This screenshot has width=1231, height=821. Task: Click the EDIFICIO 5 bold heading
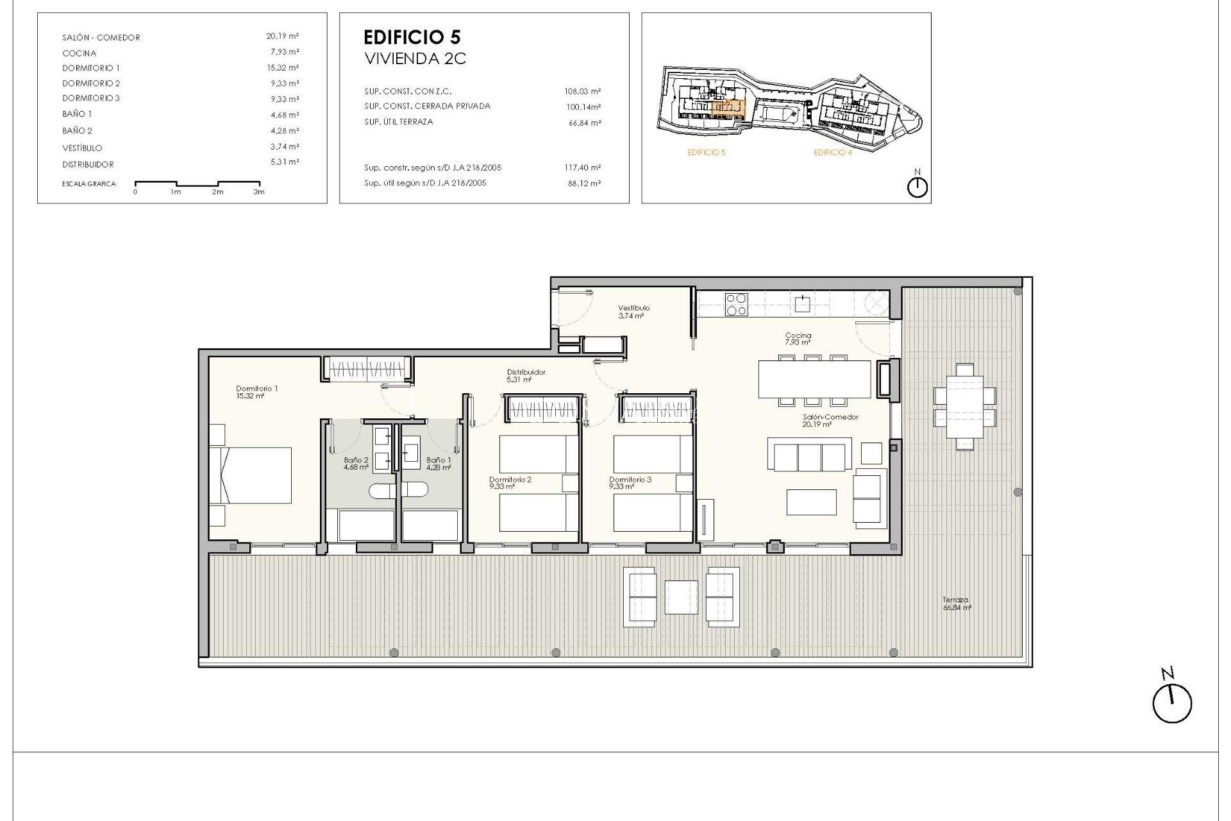click(412, 37)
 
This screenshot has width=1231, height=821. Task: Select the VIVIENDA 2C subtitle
click(415, 59)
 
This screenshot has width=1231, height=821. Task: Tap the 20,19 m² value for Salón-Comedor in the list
click(282, 37)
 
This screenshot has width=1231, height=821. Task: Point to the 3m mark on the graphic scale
click(258, 191)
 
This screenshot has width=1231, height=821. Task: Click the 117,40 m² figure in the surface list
click(582, 168)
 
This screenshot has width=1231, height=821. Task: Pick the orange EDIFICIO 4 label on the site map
click(832, 153)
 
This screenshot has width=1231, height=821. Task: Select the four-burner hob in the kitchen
click(736, 305)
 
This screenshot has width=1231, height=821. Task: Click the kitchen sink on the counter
click(802, 304)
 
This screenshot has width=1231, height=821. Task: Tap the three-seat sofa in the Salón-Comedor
click(810, 455)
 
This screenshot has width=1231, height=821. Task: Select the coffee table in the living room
click(811, 502)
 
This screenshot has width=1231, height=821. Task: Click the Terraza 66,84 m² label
click(956, 604)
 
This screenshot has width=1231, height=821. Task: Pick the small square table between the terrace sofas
click(681, 597)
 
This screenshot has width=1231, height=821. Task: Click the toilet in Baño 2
click(382, 491)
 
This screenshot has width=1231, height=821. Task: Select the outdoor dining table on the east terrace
click(964, 407)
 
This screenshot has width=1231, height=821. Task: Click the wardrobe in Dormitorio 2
click(543, 409)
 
